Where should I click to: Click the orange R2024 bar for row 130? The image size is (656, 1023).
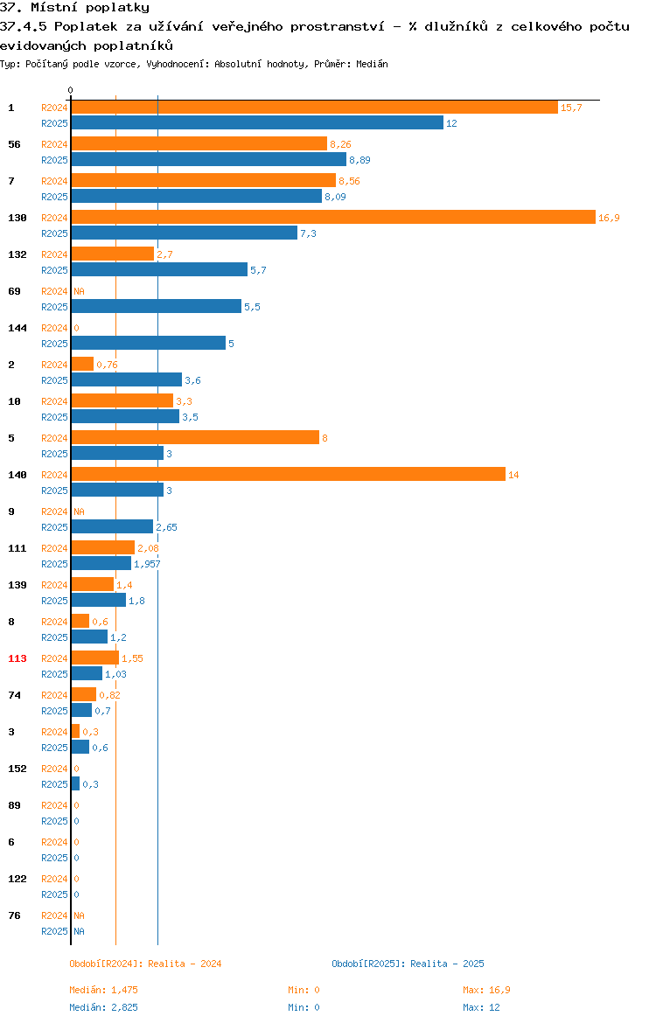tap(333, 217)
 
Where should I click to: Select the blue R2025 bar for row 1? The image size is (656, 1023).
tap(257, 122)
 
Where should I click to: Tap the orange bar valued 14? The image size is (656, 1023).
tap(288, 474)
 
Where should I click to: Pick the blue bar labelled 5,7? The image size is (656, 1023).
tap(159, 269)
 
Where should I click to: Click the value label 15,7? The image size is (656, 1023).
tap(571, 108)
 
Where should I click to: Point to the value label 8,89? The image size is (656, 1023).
tap(359, 160)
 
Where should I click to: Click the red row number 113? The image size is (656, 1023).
tap(17, 658)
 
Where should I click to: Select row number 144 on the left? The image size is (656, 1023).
tap(17, 328)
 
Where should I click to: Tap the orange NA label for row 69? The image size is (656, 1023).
tap(79, 291)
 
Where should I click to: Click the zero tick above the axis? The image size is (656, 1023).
tap(71, 91)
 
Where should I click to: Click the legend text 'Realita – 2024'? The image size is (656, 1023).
tap(185, 964)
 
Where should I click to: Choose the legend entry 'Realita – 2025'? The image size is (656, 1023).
tap(447, 964)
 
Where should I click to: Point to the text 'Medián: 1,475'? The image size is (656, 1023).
tap(104, 990)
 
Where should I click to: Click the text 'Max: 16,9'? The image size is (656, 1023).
tap(487, 990)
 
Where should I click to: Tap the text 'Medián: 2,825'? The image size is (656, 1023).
tap(104, 1007)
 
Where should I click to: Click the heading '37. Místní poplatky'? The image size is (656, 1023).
tap(74, 8)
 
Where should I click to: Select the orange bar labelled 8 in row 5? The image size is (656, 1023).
tap(195, 437)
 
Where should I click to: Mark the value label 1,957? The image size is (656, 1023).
tap(147, 564)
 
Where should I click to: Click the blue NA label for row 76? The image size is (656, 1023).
tap(79, 931)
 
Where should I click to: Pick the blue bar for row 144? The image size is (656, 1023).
tap(148, 343)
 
